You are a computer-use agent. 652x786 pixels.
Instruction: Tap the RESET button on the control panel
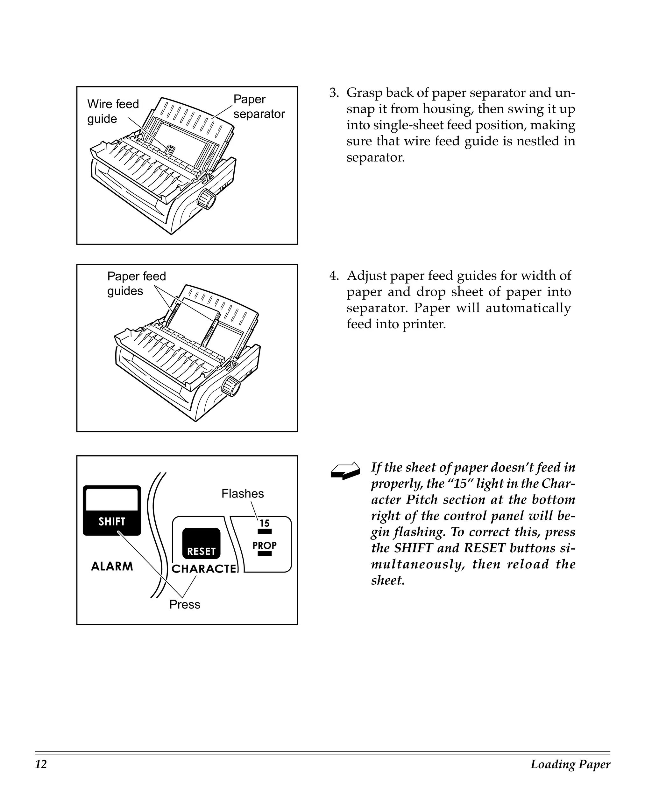pos(201,544)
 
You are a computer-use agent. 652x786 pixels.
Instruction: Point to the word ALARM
pos(112,566)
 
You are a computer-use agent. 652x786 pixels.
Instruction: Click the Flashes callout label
pos(242,494)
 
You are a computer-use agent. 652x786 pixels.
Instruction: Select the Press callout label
pos(185,604)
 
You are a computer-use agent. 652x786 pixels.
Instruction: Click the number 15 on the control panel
pos(264,523)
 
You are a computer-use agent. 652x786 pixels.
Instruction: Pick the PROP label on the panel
pos(264,546)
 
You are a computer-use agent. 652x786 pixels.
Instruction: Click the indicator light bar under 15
pos(264,532)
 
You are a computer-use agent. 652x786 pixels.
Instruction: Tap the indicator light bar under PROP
pos(264,554)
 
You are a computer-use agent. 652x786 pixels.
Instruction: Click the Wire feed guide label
pos(113,111)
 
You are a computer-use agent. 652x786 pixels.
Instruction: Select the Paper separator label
pos(259,106)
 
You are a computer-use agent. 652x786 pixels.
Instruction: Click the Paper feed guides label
pos(136,283)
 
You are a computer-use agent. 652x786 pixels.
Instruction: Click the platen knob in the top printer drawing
pos(206,199)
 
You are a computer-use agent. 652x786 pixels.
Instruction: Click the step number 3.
pos(333,93)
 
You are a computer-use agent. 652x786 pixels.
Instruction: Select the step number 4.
pos(333,276)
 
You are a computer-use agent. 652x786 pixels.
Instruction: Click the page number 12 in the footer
pos(41,764)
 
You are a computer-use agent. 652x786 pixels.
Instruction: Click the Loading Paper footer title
pos(570,764)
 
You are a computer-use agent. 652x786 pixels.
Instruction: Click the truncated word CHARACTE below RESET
pos(204,569)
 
